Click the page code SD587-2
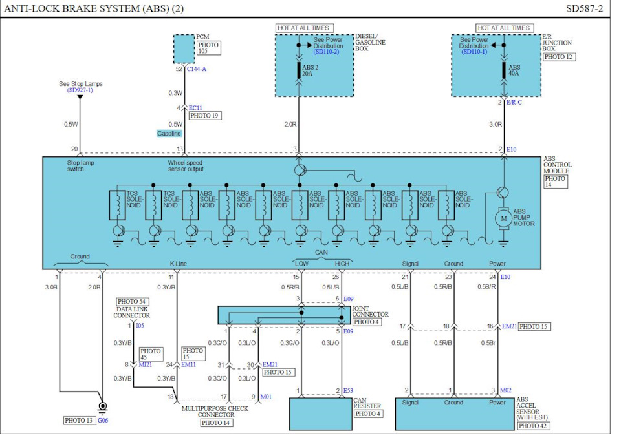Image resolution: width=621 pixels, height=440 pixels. [x=584, y=8]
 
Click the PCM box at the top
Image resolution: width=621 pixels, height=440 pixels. [x=184, y=49]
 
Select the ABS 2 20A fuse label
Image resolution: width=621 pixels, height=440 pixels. [x=308, y=70]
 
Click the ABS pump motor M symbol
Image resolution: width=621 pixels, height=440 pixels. [x=503, y=219]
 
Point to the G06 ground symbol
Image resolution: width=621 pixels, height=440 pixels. [x=102, y=408]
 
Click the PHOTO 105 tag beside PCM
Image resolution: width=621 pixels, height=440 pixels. [x=209, y=49]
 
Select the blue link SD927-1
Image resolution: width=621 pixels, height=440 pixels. [x=80, y=90]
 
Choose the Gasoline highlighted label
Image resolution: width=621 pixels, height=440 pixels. [x=169, y=133]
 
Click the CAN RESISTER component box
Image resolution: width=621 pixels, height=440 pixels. [x=320, y=414]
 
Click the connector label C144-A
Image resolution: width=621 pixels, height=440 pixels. [x=197, y=68]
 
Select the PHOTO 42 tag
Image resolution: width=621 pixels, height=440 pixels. [x=534, y=426]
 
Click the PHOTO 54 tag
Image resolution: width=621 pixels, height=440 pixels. [x=131, y=302]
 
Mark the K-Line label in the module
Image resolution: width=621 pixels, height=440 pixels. [x=178, y=264]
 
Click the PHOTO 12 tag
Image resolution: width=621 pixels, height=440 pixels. [x=558, y=57]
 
